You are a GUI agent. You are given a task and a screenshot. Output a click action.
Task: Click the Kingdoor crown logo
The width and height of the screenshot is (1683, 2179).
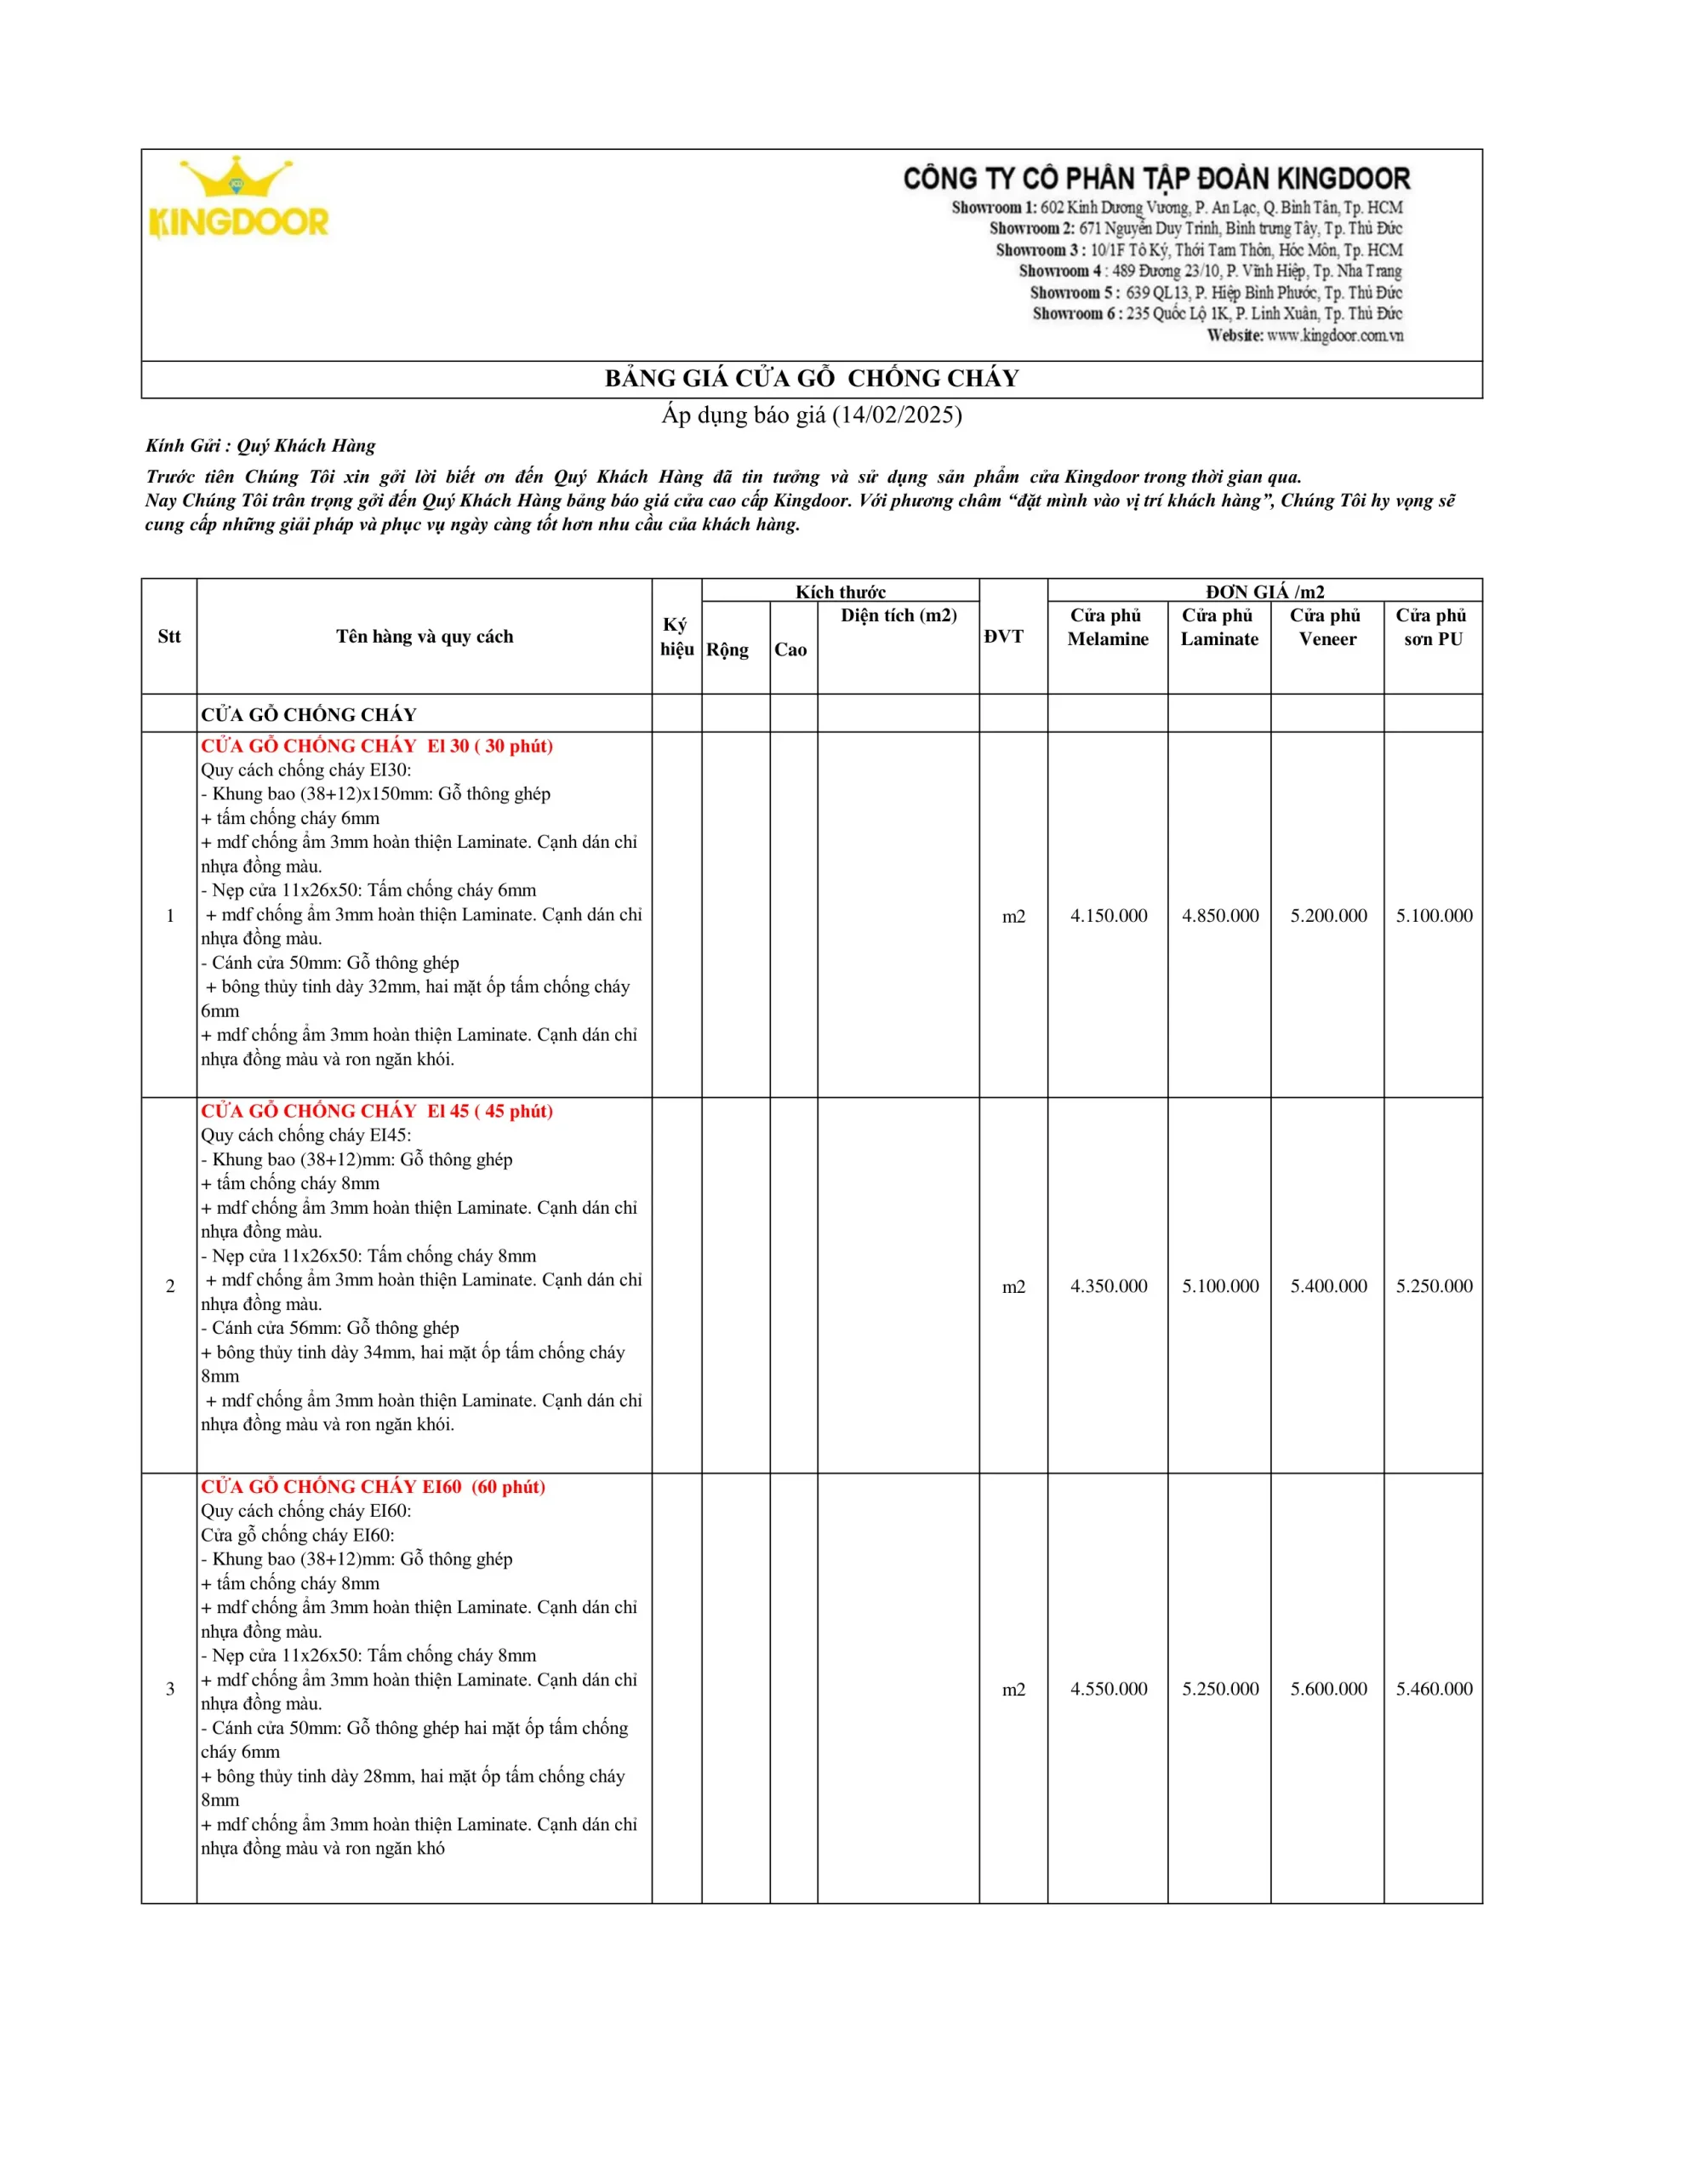pos(238,197)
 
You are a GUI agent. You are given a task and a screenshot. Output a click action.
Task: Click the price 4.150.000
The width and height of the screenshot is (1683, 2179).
pos(1109,915)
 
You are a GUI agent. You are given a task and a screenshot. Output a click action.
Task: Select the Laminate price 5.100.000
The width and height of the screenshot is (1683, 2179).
pos(1220,1285)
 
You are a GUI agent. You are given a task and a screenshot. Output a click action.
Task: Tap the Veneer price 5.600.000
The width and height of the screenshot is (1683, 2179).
pos(1328,1688)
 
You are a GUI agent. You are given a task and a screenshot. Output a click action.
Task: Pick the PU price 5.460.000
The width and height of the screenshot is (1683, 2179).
pos(1434,1688)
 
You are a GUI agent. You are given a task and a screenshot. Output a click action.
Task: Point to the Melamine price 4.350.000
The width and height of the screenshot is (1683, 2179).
pos(1109,1285)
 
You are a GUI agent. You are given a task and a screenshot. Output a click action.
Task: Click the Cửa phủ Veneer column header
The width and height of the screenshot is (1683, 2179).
pos(1326,626)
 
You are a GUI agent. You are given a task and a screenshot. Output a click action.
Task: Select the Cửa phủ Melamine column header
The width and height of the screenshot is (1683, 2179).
pos(1107,626)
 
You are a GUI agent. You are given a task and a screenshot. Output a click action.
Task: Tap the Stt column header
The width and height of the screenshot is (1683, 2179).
pos(168,637)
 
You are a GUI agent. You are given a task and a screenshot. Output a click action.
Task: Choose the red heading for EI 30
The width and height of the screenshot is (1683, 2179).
pos(376,746)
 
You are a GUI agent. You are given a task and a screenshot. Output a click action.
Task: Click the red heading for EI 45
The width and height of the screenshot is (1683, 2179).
pos(376,1111)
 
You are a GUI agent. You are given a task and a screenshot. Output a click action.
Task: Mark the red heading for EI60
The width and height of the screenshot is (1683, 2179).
pos(372,1487)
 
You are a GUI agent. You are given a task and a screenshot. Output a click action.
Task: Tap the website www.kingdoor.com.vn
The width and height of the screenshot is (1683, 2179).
pos(1334,335)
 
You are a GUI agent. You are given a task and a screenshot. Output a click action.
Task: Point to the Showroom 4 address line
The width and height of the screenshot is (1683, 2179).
pos(1209,271)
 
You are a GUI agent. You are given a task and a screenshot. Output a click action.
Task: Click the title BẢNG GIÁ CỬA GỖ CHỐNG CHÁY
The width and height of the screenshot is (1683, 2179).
pos(811,378)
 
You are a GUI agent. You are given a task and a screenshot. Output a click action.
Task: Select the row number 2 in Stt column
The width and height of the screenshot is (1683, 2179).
pos(169,1286)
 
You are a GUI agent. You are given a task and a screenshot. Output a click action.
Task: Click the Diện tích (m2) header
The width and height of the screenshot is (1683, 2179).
pos(898,615)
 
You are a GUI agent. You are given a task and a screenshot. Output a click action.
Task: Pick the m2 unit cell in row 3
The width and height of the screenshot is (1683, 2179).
pos(1013,1689)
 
